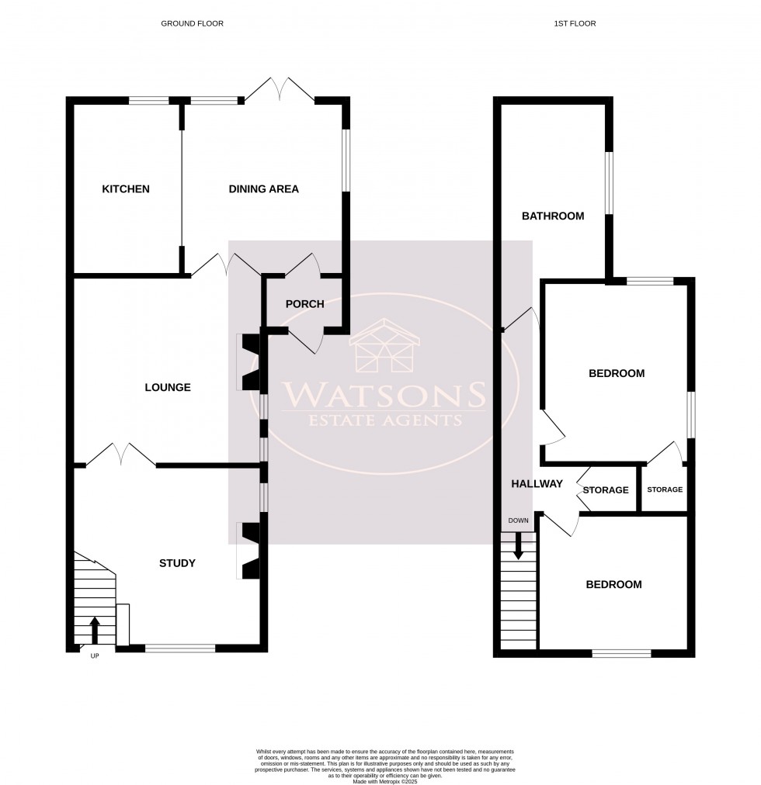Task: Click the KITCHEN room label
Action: (x=126, y=189)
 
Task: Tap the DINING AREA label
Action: (x=263, y=189)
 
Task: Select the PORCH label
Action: (x=304, y=304)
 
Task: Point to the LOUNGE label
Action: (x=168, y=387)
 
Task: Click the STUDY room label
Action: (x=177, y=563)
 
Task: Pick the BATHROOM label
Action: (x=552, y=216)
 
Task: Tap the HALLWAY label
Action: (x=537, y=484)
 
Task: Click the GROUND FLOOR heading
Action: (x=192, y=24)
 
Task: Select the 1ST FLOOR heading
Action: (x=575, y=24)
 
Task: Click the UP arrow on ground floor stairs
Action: (x=95, y=630)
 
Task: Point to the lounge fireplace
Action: (x=251, y=361)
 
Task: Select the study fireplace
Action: (x=251, y=551)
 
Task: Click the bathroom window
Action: (x=610, y=182)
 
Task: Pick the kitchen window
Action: (x=149, y=100)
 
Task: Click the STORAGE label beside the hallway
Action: (x=606, y=490)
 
